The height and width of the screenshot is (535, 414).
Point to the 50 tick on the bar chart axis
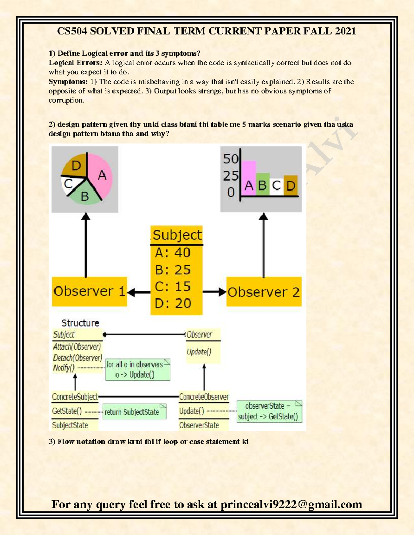tap(230, 159)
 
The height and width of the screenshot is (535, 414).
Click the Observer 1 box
tap(89, 291)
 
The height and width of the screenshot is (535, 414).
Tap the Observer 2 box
tap(264, 292)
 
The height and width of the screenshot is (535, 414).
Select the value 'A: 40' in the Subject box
tap(172, 253)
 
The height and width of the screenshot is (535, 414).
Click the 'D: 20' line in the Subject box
tap(173, 303)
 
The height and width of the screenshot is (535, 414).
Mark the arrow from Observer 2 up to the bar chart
tap(264, 245)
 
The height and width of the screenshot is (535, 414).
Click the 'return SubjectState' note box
tap(134, 412)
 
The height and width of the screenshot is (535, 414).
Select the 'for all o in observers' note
tap(137, 369)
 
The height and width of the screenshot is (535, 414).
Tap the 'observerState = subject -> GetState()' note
tap(269, 411)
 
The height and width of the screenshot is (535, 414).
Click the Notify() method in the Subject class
tap(64, 368)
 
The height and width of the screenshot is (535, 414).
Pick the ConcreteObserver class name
tap(204, 397)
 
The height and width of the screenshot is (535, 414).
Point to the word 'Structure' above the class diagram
tap(80, 323)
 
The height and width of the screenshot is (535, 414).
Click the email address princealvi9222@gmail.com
tap(291, 504)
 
